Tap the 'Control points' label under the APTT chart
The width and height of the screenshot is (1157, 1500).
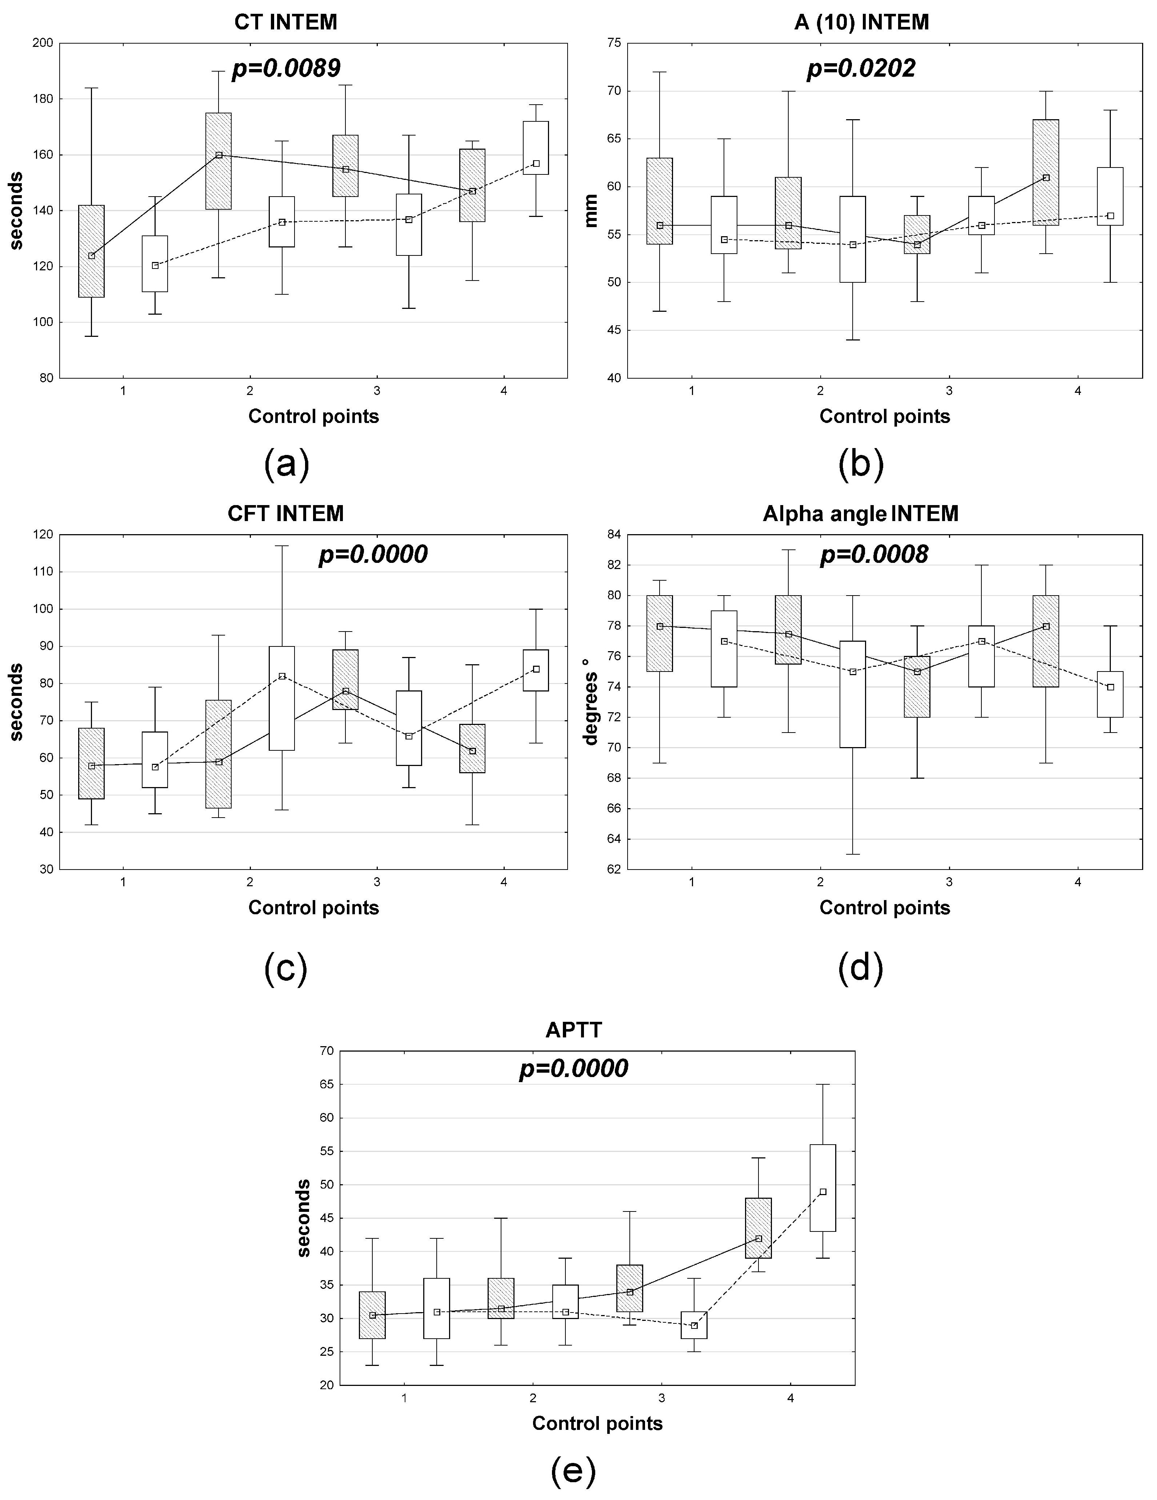pyautogui.click(x=597, y=1424)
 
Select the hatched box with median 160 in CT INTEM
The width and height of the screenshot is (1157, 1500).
pyautogui.click(x=219, y=161)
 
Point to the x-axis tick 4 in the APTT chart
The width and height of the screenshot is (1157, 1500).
pyautogui.click(x=790, y=1398)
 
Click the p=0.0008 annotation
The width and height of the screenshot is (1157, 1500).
pyautogui.click(x=874, y=554)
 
